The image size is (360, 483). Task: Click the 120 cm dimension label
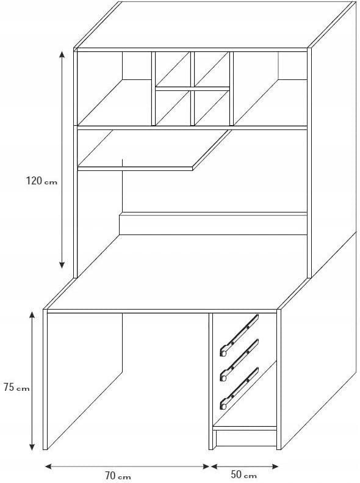[41, 181]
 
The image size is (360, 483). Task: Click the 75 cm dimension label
[16, 387]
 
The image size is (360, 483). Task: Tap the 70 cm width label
[118, 476]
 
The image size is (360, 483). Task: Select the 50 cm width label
[243, 474]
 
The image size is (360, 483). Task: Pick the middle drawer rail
[239, 360]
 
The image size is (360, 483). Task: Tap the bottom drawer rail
[239, 388]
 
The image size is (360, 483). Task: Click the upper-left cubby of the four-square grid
[173, 69]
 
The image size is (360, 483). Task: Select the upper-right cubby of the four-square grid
[212, 69]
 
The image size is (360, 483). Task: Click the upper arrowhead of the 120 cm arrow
[62, 54]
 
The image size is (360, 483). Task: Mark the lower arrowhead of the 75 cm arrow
[32, 447]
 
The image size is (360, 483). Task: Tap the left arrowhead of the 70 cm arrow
[49, 467]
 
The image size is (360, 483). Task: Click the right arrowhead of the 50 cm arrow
[275, 467]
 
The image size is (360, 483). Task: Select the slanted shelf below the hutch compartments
[154, 150]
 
